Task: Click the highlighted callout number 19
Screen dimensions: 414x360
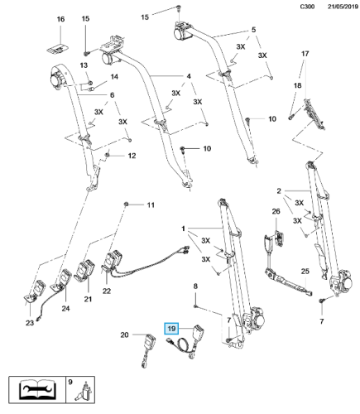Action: click(172, 328)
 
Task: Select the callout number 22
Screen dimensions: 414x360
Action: click(107, 290)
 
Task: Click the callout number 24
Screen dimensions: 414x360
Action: click(65, 310)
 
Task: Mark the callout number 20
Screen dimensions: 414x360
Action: click(126, 335)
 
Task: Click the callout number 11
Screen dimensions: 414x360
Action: click(150, 205)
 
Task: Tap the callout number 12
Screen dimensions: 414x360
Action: click(131, 155)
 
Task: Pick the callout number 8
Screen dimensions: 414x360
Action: click(196, 286)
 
